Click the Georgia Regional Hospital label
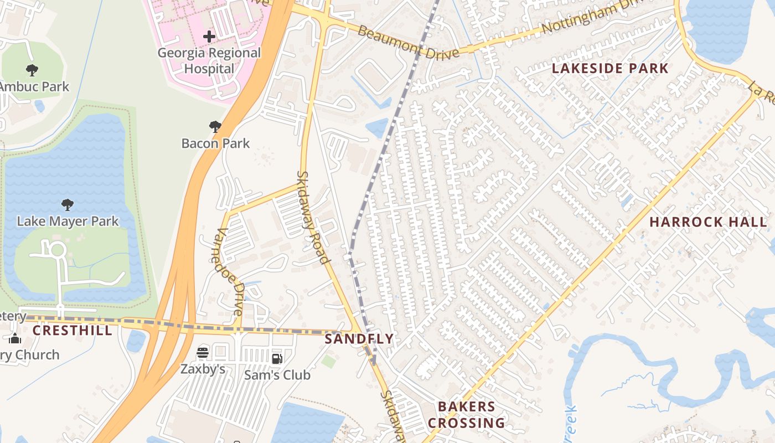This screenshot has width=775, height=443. (x=209, y=61)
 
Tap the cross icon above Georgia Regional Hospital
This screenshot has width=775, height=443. (x=209, y=37)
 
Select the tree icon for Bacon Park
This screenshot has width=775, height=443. (x=215, y=127)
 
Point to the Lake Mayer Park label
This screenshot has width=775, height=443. (x=68, y=221)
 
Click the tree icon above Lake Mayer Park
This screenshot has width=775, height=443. (x=68, y=205)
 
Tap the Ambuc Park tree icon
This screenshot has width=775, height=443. (x=32, y=70)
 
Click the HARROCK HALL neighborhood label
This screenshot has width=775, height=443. (x=708, y=222)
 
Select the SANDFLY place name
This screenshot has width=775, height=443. (x=359, y=339)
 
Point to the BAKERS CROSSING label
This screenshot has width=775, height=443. (x=467, y=415)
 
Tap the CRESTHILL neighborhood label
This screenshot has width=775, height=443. (x=72, y=331)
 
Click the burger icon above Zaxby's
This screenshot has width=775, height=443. (x=203, y=352)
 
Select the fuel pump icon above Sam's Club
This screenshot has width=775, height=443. (x=277, y=358)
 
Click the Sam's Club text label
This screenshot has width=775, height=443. (x=277, y=375)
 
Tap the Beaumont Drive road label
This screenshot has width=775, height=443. (x=408, y=42)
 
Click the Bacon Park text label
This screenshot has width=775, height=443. (x=215, y=143)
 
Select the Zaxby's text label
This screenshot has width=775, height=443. (x=203, y=369)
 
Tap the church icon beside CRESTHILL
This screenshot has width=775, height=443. (x=15, y=338)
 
